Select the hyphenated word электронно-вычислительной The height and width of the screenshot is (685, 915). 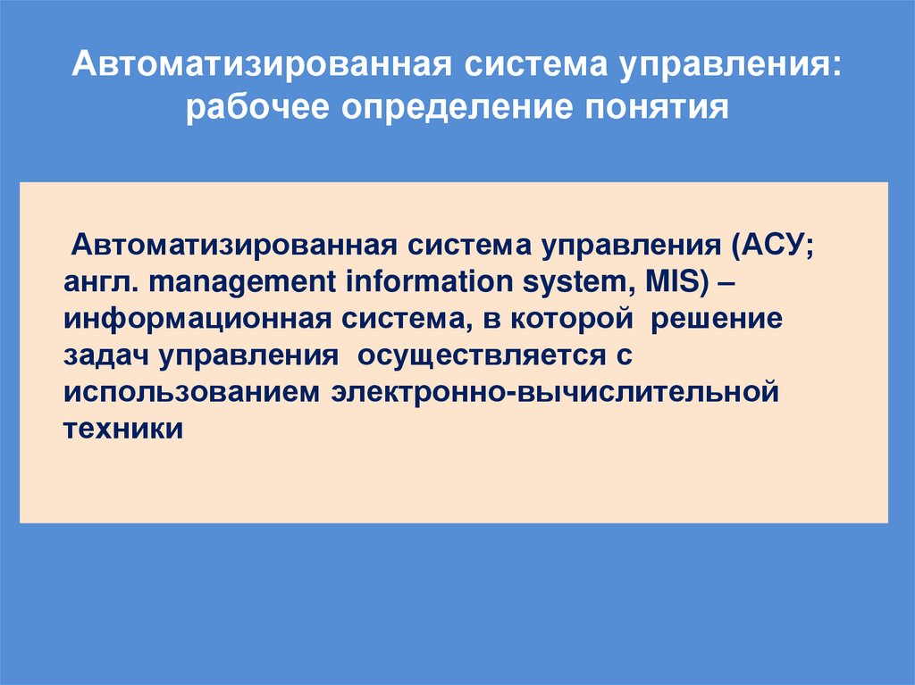click(x=550, y=394)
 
